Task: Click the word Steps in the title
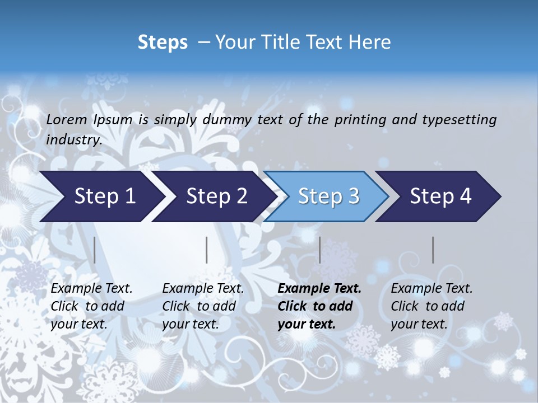pyautogui.click(x=163, y=43)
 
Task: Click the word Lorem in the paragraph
pyautogui.click(x=67, y=120)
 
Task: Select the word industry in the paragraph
pyautogui.click(x=73, y=139)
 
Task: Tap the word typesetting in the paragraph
pyautogui.click(x=459, y=120)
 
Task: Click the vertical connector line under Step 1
pyautogui.click(x=95, y=250)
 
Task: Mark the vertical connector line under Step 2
pyautogui.click(x=207, y=250)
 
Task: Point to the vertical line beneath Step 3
pyautogui.click(x=319, y=250)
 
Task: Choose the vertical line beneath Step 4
pyautogui.click(x=433, y=250)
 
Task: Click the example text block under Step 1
pyautogui.click(x=91, y=306)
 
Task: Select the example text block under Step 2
pyautogui.click(x=203, y=306)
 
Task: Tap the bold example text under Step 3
pyautogui.click(x=319, y=306)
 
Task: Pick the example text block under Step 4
pyautogui.click(x=432, y=306)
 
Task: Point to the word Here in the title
pyautogui.click(x=372, y=43)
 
